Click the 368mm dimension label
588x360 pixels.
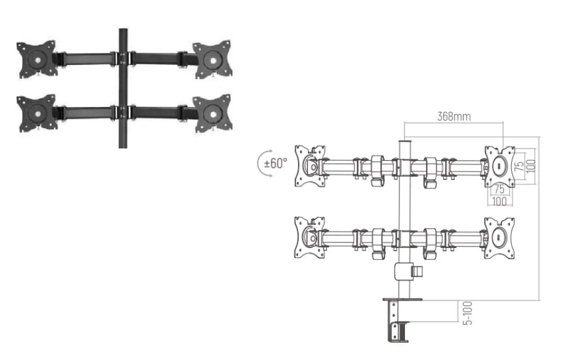pyautogui.click(x=454, y=116)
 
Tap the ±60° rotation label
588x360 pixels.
pyautogui.click(x=276, y=163)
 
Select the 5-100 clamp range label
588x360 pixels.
pyautogui.click(x=467, y=313)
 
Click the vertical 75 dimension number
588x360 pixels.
pyautogui.click(x=519, y=166)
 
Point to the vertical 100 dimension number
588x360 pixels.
pyautogui.click(x=530, y=166)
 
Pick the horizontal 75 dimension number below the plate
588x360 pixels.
pyautogui.click(x=499, y=189)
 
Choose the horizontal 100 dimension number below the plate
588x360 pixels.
pyautogui.click(x=499, y=202)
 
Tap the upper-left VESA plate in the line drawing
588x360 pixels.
pyautogui.click(x=309, y=166)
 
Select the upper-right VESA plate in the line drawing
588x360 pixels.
pyautogui.click(x=500, y=166)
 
